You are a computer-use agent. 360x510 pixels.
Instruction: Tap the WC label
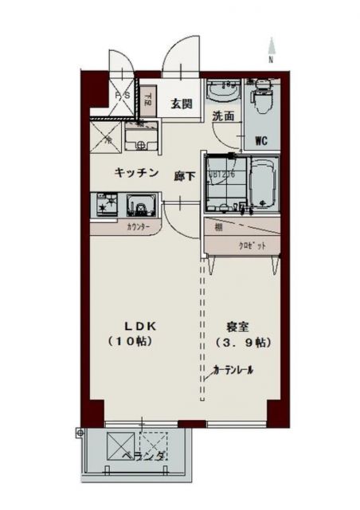coord(260,142)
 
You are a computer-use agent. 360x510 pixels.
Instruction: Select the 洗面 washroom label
coord(223,116)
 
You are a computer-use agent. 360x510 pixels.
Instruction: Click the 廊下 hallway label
coord(185,175)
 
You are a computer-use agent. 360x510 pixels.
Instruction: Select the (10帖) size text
coord(131,342)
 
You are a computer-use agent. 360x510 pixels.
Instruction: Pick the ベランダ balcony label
coord(144,457)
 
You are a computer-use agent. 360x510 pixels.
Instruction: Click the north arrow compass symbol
coord(271,49)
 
